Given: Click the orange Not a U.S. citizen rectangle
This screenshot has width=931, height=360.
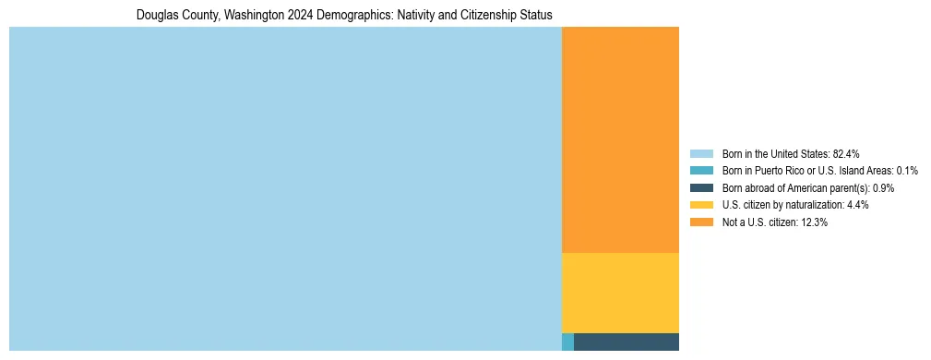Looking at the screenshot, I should pos(620,139).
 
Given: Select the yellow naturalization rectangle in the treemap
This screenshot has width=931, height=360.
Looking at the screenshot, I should pos(620,293).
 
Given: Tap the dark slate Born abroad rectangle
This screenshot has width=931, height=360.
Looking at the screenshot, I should pos(627,342).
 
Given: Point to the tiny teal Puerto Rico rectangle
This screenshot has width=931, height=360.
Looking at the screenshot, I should pos(567,342).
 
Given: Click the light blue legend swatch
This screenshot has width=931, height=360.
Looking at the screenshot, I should pos(701,153).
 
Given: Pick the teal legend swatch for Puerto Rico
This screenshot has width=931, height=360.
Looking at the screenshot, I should pos(701,171).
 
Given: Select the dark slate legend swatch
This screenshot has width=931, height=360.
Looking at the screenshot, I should pos(701,188).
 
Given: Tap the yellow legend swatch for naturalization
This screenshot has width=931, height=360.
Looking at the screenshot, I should pos(701,205).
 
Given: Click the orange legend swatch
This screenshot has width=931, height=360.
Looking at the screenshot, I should pos(701,222).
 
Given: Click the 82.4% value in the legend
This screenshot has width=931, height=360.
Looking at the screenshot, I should pos(847,153).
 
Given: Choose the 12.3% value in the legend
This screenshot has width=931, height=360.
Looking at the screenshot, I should pos(814,222).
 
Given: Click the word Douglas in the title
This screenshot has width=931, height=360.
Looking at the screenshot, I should pos(155,16).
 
